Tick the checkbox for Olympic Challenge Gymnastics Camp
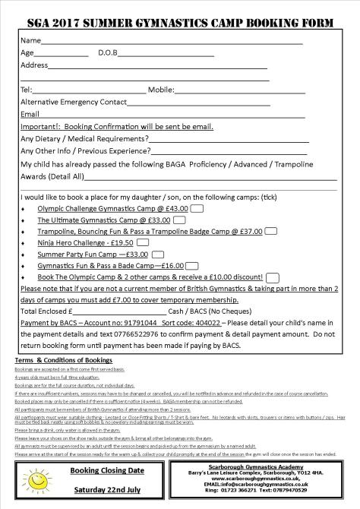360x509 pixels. tap(196, 208)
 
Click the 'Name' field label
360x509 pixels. tap(30, 40)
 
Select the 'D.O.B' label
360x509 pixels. tap(110, 53)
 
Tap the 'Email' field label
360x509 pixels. tap(30, 114)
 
